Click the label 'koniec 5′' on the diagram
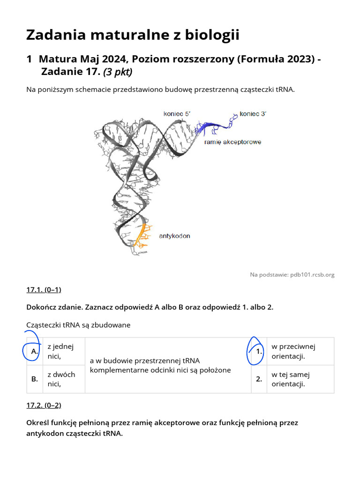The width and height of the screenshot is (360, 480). (x=177, y=113)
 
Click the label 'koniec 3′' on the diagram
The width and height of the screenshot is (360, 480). (x=253, y=113)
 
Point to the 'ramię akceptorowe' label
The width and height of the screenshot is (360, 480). (x=232, y=142)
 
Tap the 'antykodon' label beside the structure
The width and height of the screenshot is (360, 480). (x=174, y=236)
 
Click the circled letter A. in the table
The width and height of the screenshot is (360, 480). (x=34, y=351)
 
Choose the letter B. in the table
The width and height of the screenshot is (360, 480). (x=34, y=379)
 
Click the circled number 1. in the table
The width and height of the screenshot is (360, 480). (x=259, y=351)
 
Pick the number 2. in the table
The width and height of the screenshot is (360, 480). (x=259, y=379)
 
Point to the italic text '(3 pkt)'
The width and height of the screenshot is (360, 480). (x=118, y=72)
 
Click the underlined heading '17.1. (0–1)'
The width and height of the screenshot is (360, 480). (x=44, y=290)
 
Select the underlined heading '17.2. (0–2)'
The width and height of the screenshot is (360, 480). (x=44, y=405)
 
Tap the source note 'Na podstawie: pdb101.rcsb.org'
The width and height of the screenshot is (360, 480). (x=292, y=275)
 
